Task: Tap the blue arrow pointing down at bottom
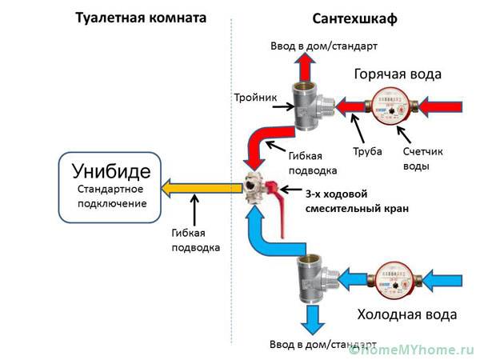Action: [x=310, y=321]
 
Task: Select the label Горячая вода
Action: [x=398, y=74]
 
